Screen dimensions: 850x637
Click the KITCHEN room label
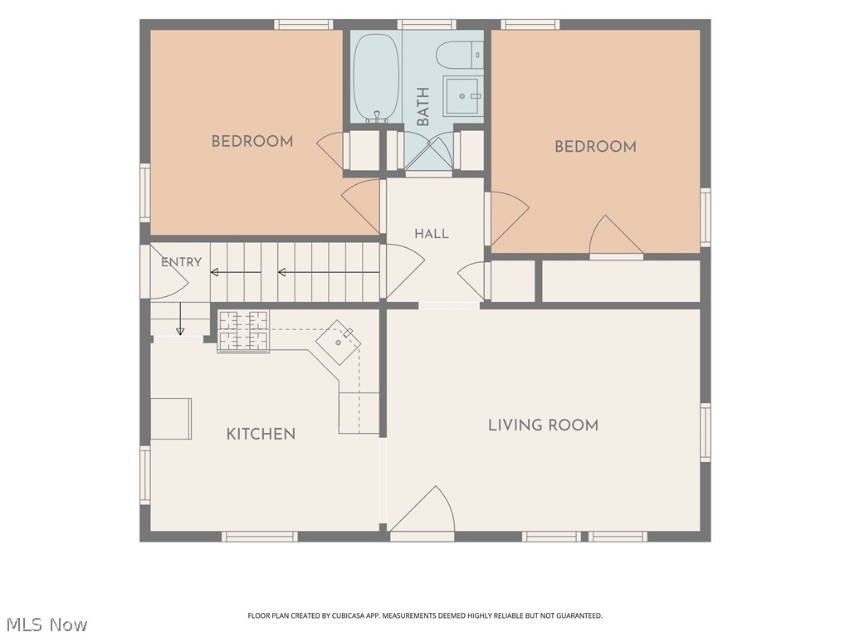coord(261,434)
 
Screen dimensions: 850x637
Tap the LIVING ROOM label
coord(543,425)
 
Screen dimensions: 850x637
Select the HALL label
coord(432,234)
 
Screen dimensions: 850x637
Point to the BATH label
coord(423,106)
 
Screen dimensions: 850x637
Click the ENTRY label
coord(181,262)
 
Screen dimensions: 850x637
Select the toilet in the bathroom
coord(460,56)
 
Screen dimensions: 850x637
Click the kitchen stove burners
coord(243,331)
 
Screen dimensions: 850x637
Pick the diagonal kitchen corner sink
coord(339,343)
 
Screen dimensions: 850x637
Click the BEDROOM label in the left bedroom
coord(252,141)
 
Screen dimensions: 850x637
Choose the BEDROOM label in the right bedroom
coord(595,147)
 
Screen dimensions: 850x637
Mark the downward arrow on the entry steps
coord(180,319)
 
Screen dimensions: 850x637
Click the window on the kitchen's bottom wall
coord(260,537)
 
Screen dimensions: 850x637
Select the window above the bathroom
coord(427,24)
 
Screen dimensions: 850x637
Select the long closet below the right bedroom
coord(621,281)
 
